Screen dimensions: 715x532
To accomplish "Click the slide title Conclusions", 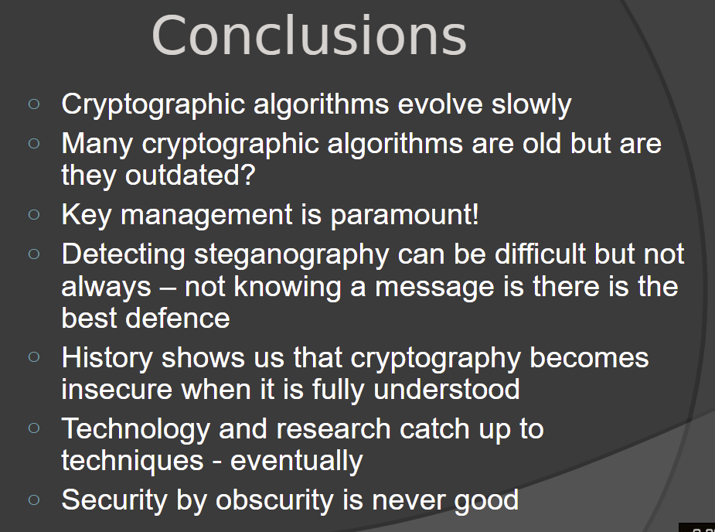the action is pyautogui.click(x=309, y=36).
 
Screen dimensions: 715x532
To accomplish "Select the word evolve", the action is pyautogui.click(x=440, y=104).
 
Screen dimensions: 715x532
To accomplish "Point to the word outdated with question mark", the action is pyautogui.click(x=190, y=176).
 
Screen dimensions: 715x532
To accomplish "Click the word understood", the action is pyautogui.click(x=447, y=390).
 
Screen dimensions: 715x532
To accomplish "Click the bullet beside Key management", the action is pyautogui.click(x=34, y=214).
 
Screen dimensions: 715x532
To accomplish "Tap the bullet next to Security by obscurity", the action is pyautogui.click(x=34, y=500).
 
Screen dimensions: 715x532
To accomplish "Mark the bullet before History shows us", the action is pyautogui.click(x=34, y=356).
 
